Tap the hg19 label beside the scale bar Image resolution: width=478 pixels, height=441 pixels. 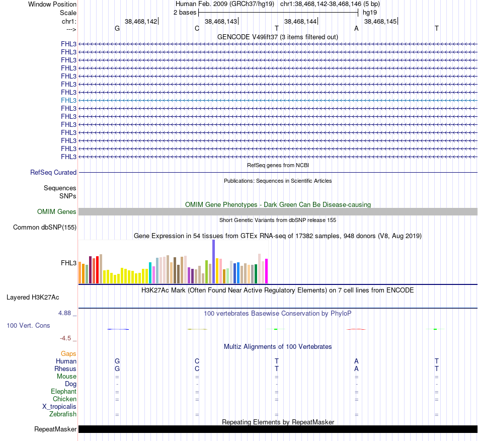pos(370,12)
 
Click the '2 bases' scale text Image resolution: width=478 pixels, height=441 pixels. pos(185,12)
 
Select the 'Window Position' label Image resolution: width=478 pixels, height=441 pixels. pos(52,4)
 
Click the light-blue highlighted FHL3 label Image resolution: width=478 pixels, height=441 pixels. pos(68,100)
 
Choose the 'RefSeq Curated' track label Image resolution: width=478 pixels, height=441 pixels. pos(53,172)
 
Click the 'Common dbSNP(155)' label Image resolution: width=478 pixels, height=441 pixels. pos(45,227)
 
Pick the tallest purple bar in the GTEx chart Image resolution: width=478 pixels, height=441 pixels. pos(213,262)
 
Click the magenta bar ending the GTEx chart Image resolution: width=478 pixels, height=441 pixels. pos(267,271)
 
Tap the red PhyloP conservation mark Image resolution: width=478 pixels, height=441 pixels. pos(356,329)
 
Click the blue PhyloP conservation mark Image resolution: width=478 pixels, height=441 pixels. pos(118,329)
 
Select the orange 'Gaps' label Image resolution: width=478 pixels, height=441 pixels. pos(68,354)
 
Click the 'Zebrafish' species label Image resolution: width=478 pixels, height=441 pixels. pos(63,414)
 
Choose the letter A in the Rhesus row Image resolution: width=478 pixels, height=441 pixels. pos(356,369)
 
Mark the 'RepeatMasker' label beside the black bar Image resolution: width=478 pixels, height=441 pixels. pos(55,429)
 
